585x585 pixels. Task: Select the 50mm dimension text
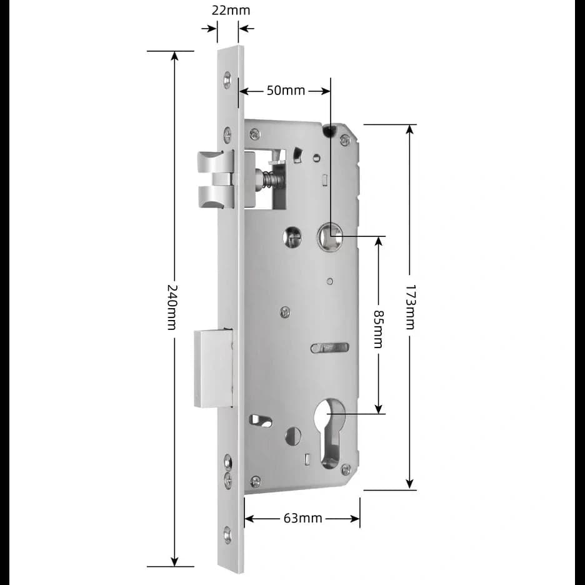(286, 91)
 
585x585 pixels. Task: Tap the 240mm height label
(173, 307)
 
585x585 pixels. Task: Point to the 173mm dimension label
(410, 307)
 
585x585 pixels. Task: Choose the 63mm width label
(302, 518)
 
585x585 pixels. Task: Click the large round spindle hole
(329, 237)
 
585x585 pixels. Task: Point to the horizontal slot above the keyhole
(330, 347)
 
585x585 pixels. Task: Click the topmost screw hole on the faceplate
(227, 79)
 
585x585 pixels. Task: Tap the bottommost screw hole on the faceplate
(227, 535)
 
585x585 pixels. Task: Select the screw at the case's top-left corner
(254, 134)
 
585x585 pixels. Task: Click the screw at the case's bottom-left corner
(255, 481)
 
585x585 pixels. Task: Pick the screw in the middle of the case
(285, 311)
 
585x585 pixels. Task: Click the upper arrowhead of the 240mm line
(174, 56)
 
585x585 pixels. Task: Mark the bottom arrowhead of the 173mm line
(410, 484)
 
